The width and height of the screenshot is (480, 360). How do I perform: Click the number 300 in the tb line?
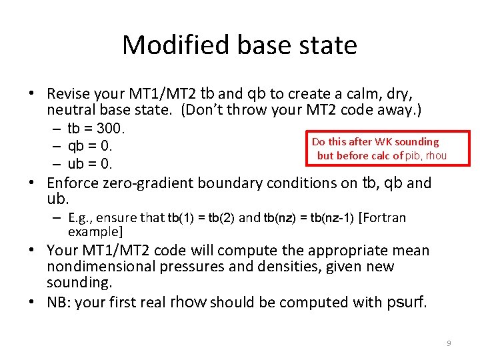tap(117, 128)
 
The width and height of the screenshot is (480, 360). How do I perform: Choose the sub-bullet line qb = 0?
tap(89, 145)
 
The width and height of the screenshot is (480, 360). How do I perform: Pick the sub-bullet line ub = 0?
tap(89, 163)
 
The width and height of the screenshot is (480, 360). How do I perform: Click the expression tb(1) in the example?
tap(180, 218)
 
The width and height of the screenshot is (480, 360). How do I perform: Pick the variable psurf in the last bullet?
tap(407, 302)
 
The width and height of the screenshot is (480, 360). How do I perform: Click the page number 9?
tap(449, 343)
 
